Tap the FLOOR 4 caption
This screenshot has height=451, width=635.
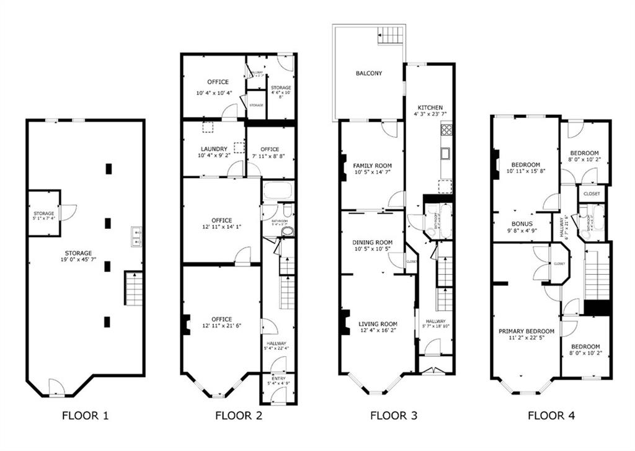point(551,416)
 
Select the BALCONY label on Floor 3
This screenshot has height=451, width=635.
point(369,73)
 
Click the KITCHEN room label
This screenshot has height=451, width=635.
point(430,107)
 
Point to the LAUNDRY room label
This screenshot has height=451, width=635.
point(214,149)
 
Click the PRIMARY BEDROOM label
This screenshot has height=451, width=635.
point(526,331)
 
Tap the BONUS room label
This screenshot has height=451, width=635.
point(522,224)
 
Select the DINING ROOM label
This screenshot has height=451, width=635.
point(373,242)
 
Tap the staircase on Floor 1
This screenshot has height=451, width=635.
point(134,288)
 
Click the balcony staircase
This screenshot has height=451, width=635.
point(391,35)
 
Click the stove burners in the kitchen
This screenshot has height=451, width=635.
point(446,130)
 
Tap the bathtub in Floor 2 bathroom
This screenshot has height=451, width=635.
point(277,190)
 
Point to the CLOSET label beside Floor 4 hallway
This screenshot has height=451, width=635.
point(592,194)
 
